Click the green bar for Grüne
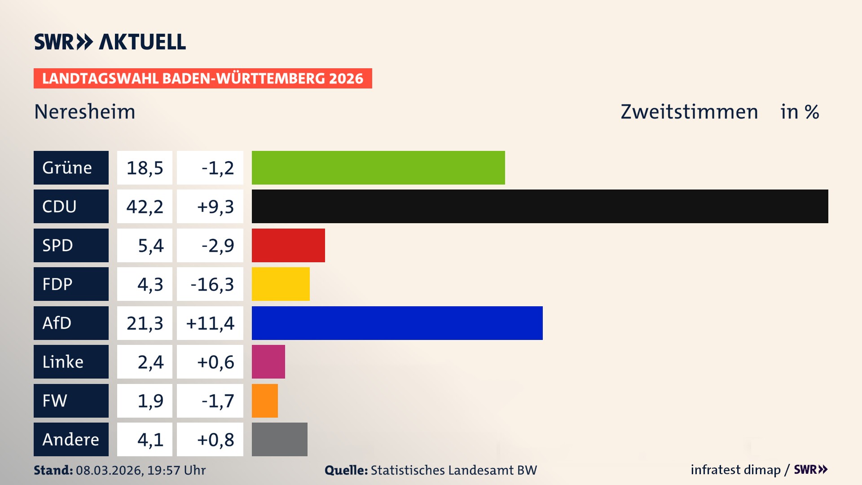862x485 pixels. click(378, 168)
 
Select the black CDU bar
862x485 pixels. click(540, 206)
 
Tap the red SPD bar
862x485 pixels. click(288, 245)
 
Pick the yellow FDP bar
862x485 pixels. click(281, 284)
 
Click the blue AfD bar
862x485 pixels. click(397, 323)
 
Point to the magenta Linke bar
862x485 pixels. click(268, 362)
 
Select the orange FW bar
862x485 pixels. click(264, 401)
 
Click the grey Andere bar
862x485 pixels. click(279, 439)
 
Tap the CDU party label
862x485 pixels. click(71, 206)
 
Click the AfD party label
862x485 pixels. click(71, 323)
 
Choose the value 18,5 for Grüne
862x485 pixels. click(145, 168)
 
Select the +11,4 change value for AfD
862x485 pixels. click(210, 323)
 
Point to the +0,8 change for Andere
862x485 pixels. click(215, 439)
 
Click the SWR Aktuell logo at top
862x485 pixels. click(110, 42)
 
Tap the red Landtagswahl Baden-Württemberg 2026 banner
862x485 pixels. click(202, 78)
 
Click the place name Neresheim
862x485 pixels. click(84, 111)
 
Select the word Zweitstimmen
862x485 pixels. click(689, 111)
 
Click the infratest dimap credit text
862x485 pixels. click(735, 470)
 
